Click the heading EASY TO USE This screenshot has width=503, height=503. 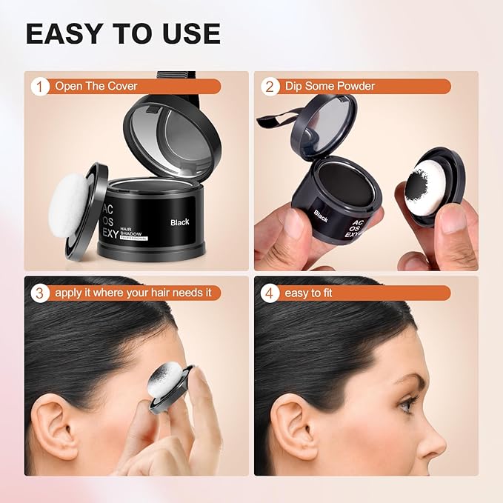122,33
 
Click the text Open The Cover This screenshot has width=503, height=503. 96,86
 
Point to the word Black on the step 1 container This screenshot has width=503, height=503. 180,221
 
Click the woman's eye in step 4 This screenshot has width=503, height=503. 408,404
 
